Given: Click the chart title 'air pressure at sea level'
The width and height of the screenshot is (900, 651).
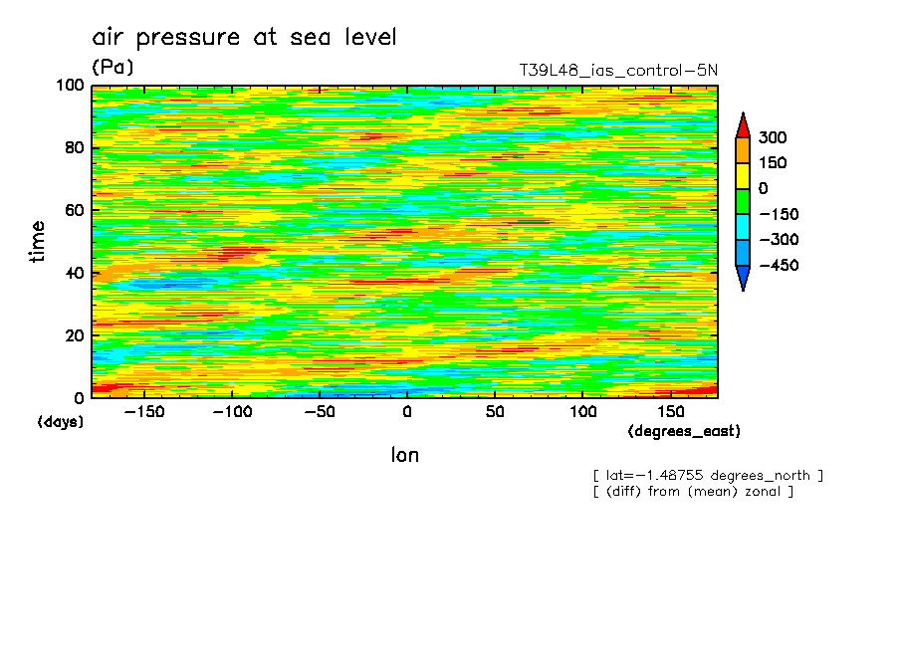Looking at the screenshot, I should pos(244,38).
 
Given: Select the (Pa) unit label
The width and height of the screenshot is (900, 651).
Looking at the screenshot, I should pos(112,68).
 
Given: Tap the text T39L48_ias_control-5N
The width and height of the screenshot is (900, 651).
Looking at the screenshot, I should pos(617,71).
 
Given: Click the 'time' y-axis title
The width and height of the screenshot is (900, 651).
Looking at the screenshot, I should pos(38,242).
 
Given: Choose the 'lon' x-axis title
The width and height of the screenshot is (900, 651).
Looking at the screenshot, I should pos(404,456).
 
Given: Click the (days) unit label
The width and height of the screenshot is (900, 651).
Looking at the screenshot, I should pos(61,422).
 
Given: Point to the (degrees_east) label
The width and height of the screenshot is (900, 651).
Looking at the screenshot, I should pos(684,432).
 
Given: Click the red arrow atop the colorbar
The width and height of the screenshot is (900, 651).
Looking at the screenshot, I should pos(742,124).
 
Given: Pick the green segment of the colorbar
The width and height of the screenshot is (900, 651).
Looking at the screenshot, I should pos(742,201).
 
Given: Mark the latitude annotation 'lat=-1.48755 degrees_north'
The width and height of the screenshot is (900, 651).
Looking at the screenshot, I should pos(708,476).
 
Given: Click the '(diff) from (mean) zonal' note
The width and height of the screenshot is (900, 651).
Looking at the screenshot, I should pos(693,492).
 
